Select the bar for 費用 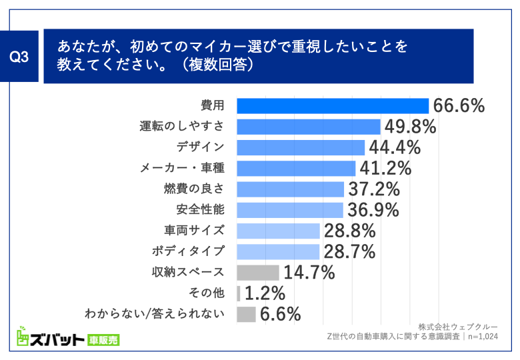point(333,106)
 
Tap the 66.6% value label point(458,106)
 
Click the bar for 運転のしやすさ point(309,127)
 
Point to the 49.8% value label point(409,127)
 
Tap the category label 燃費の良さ point(194,189)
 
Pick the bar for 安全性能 point(290,210)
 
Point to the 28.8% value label point(349,231)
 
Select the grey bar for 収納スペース point(258,272)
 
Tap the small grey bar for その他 point(239,293)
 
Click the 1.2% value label point(265,293)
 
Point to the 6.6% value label point(281,314)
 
